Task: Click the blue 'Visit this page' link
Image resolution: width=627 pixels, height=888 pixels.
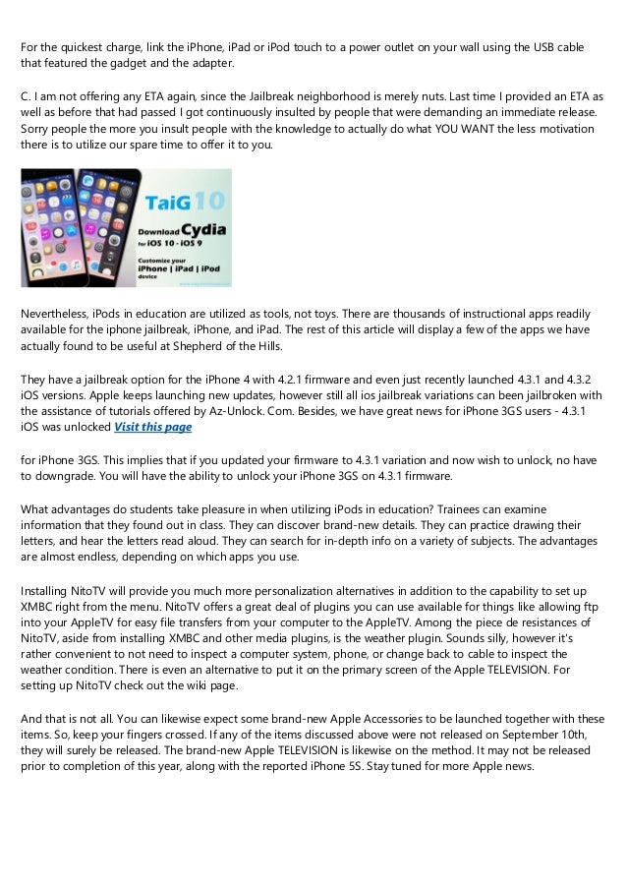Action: point(152,427)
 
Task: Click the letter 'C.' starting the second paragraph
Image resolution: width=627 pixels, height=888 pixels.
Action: point(26,97)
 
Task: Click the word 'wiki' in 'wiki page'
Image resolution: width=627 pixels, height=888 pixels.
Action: point(170,685)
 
